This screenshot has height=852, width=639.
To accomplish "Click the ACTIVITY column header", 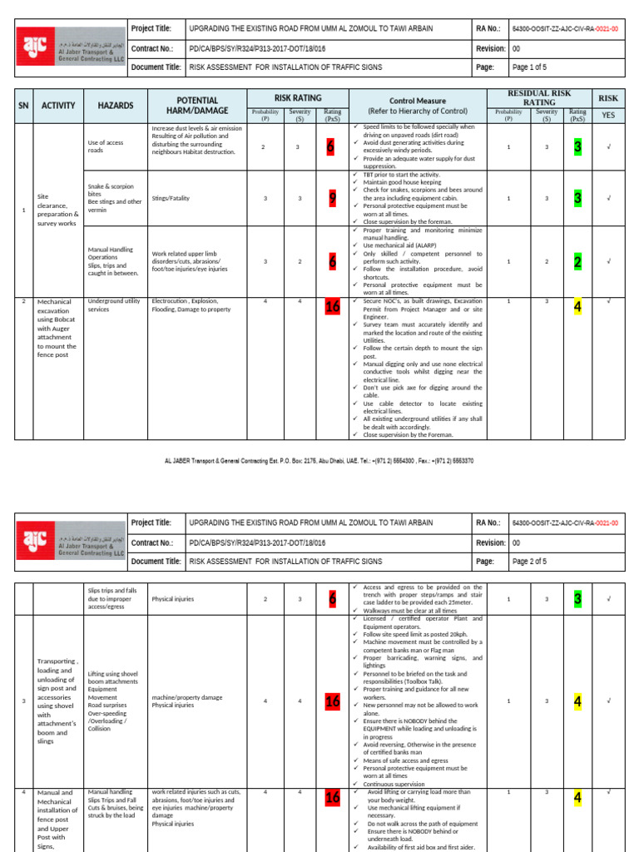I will tap(58, 106).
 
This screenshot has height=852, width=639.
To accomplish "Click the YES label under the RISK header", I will tap(608, 115).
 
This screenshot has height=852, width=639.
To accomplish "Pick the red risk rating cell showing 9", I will tap(332, 199).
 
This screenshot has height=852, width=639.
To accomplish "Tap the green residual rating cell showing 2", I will tap(577, 261).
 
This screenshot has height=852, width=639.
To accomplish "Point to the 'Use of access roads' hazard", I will tap(106, 147).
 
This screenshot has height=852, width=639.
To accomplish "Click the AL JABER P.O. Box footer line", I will tap(319, 460).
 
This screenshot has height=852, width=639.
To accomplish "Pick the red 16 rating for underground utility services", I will tap(333, 307).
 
